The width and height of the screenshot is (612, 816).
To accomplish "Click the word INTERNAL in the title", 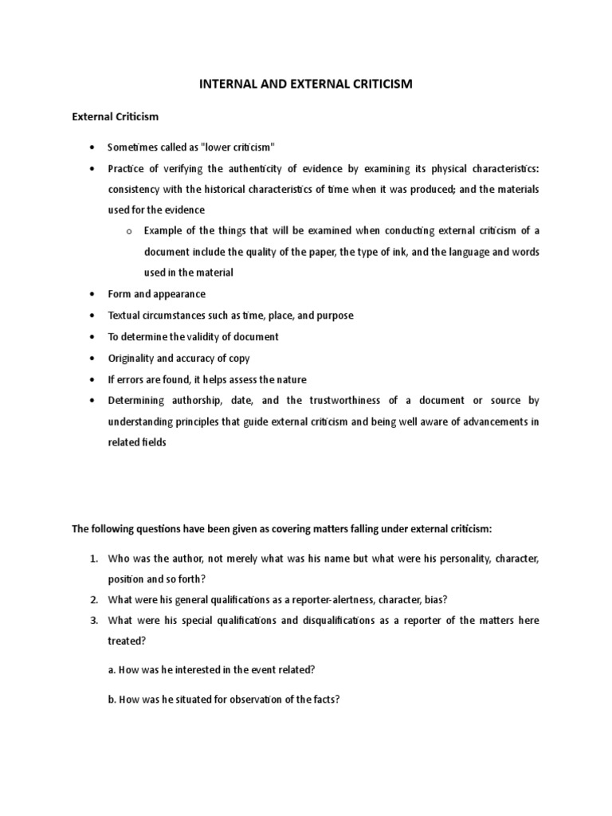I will point(228,83).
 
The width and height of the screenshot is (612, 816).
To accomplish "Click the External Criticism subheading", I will point(116,116).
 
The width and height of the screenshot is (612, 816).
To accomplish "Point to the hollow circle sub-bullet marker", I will point(127,231).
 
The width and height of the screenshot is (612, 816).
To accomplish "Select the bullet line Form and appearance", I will point(156,294).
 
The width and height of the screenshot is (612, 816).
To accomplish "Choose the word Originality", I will point(133,358).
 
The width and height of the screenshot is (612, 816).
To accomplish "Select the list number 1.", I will point(93,559).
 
